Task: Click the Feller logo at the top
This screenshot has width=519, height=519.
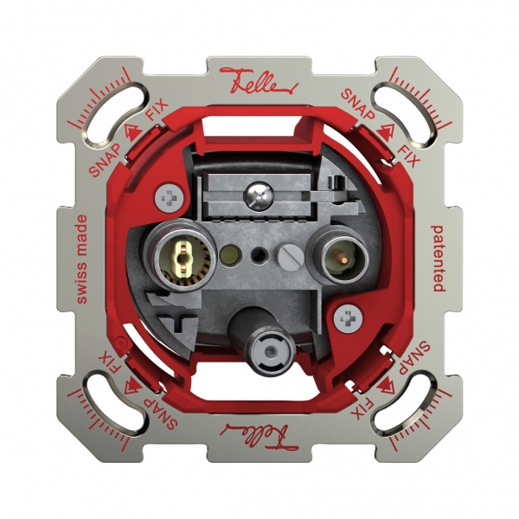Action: pos(259,80)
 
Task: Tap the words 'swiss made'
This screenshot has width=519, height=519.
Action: pos(81,259)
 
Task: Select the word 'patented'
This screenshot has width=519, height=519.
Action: pos(438,259)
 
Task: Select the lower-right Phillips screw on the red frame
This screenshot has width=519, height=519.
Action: pos(349,318)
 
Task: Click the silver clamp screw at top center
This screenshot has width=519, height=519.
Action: pos(260,196)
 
